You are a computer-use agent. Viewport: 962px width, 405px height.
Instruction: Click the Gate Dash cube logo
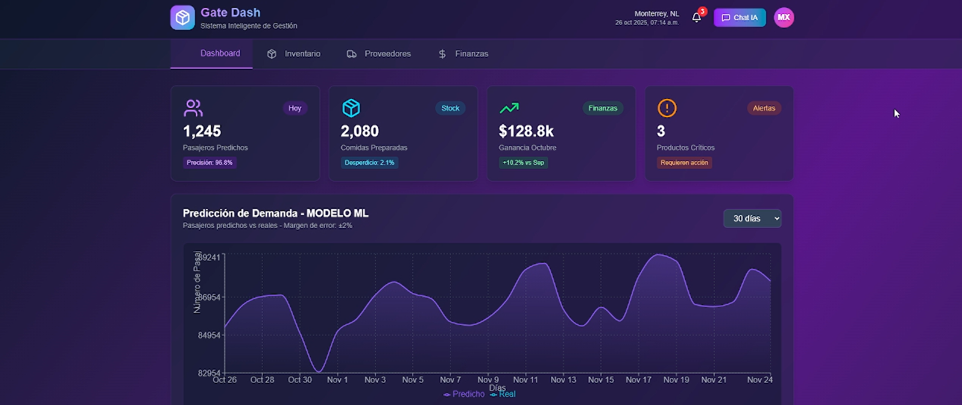(182, 18)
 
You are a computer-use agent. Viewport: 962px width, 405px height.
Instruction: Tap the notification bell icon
(697, 18)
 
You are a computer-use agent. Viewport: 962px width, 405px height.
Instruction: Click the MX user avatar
(784, 18)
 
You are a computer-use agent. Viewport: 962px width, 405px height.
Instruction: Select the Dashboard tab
(220, 54)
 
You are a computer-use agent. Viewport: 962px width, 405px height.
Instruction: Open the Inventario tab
(294, 54)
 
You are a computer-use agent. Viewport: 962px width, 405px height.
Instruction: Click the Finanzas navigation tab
(463, 54)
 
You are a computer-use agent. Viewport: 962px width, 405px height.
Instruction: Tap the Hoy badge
(295, 108)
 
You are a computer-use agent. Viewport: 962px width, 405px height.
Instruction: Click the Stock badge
(450, 108)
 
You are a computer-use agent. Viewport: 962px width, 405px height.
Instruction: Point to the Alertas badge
(764, 108)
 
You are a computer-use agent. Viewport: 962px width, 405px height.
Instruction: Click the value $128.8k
(526, 131)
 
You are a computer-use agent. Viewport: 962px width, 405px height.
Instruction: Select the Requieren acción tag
(684, 163)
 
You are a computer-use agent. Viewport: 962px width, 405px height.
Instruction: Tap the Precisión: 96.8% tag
(210, 163)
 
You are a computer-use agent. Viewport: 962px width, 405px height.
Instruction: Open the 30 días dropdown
(752, 218)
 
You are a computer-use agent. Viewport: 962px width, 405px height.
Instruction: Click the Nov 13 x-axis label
(563, 380)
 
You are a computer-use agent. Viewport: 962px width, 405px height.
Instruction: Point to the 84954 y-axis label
(209, 335)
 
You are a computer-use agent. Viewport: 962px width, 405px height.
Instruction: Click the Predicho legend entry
(464, 394)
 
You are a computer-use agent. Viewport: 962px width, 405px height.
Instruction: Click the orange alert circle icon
(667, 108)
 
